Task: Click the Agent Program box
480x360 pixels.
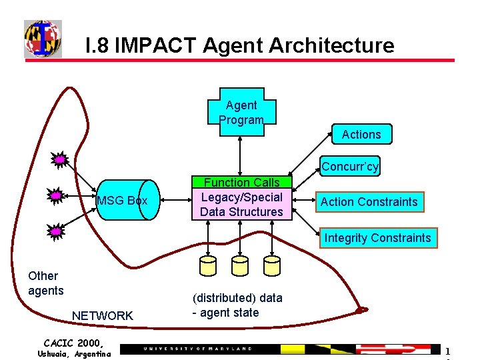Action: pyautogui.click(x=241, y=111)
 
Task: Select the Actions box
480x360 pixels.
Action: pyautogui.click(x=361, y=135)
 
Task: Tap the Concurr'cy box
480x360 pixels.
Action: pyautogui.click(x=350, y=167)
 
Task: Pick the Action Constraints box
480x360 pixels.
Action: pyautogui.click(x=369, y=202)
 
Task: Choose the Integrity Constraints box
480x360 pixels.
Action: pyautogui.click(x=377, y=238)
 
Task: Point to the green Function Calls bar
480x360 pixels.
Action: pyautogui.click(x=241, y=182)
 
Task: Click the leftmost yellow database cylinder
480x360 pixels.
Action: pyautogui.click(x=209, y=266)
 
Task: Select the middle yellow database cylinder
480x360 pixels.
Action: pyautogui.click(x=240, y=266)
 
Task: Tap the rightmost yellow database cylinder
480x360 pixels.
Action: pyautogui.click(x=271, y=266)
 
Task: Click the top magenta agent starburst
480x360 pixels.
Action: pyautogui.click(x=60, y=160)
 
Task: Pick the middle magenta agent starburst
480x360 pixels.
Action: pyautogui.click(x=57, y=195)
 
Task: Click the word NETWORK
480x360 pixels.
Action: pyautogui.click(x=103, y=316)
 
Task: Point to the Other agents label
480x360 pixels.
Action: pyautogui.click(x=45, y=283)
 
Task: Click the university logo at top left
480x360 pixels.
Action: pyautogui.click(x=43, y=39)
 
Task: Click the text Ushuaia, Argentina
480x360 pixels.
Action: pyautogui.click(x=74, y=353)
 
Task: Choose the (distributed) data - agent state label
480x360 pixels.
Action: pyautogui.click(x=237, y=305)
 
